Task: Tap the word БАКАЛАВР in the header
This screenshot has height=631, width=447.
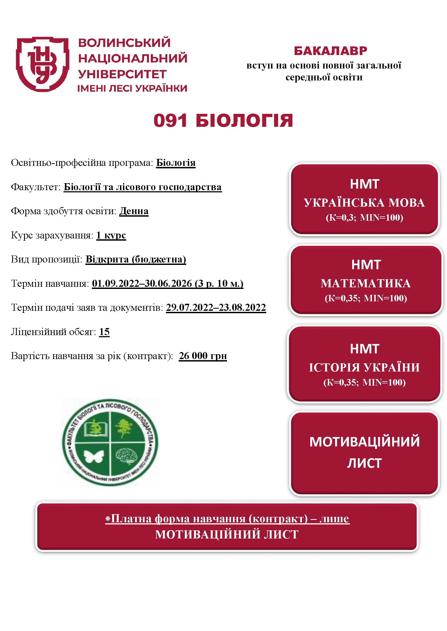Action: pos(330,51)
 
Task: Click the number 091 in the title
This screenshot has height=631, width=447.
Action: pos(170,121)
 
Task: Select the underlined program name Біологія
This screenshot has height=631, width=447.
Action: pos(176,163)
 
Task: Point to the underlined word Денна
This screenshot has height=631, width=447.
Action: pos(134,211)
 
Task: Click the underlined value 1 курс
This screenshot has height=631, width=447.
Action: pos(111,235)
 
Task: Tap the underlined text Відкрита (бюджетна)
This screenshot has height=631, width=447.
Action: pos(136,259)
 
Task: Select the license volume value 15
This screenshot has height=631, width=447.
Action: pos(104,332)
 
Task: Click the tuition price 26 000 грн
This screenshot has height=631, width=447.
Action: pos(203,356)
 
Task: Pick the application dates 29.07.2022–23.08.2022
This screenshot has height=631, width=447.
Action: pos(216,308)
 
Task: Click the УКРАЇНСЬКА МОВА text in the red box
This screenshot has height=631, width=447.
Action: pos(364,203)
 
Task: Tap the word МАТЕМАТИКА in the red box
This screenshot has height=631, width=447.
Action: pos(366,283)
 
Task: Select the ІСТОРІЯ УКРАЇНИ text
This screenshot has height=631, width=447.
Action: pos(364,368)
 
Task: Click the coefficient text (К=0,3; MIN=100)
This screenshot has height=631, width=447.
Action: pos(364,218)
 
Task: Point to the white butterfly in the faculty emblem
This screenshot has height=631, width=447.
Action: pos(94,456)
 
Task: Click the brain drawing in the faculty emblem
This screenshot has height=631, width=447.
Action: pos(126,456)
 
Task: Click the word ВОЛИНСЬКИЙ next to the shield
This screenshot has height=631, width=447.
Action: pos(124,43)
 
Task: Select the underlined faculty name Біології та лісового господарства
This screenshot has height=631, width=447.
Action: pos(143,187)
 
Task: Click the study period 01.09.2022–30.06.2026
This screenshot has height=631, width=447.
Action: pos(142,283)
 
